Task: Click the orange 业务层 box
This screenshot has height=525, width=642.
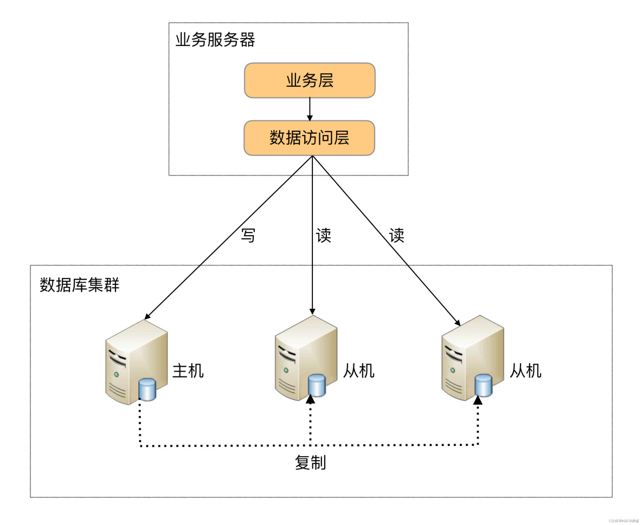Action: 310,80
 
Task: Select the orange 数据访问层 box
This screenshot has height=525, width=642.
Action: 310,138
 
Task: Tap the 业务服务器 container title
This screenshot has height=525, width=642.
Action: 215,40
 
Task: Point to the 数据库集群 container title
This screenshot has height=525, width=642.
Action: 80,285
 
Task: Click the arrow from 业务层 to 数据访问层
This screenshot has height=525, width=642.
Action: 310,109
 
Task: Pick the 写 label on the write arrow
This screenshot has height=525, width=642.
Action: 248,236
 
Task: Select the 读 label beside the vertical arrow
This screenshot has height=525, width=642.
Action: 324,236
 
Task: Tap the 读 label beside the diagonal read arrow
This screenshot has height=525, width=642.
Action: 397,236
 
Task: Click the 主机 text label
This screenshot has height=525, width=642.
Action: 188,371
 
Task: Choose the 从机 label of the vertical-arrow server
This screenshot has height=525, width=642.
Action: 359,371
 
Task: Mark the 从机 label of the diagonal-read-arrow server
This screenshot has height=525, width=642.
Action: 525,371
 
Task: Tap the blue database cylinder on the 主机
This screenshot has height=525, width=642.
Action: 147,390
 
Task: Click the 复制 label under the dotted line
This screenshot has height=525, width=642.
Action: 310,463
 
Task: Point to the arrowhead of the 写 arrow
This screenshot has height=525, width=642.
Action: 147,316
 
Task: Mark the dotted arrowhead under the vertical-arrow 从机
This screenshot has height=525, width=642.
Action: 311,400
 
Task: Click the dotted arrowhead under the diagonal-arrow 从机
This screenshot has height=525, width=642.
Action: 478,400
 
